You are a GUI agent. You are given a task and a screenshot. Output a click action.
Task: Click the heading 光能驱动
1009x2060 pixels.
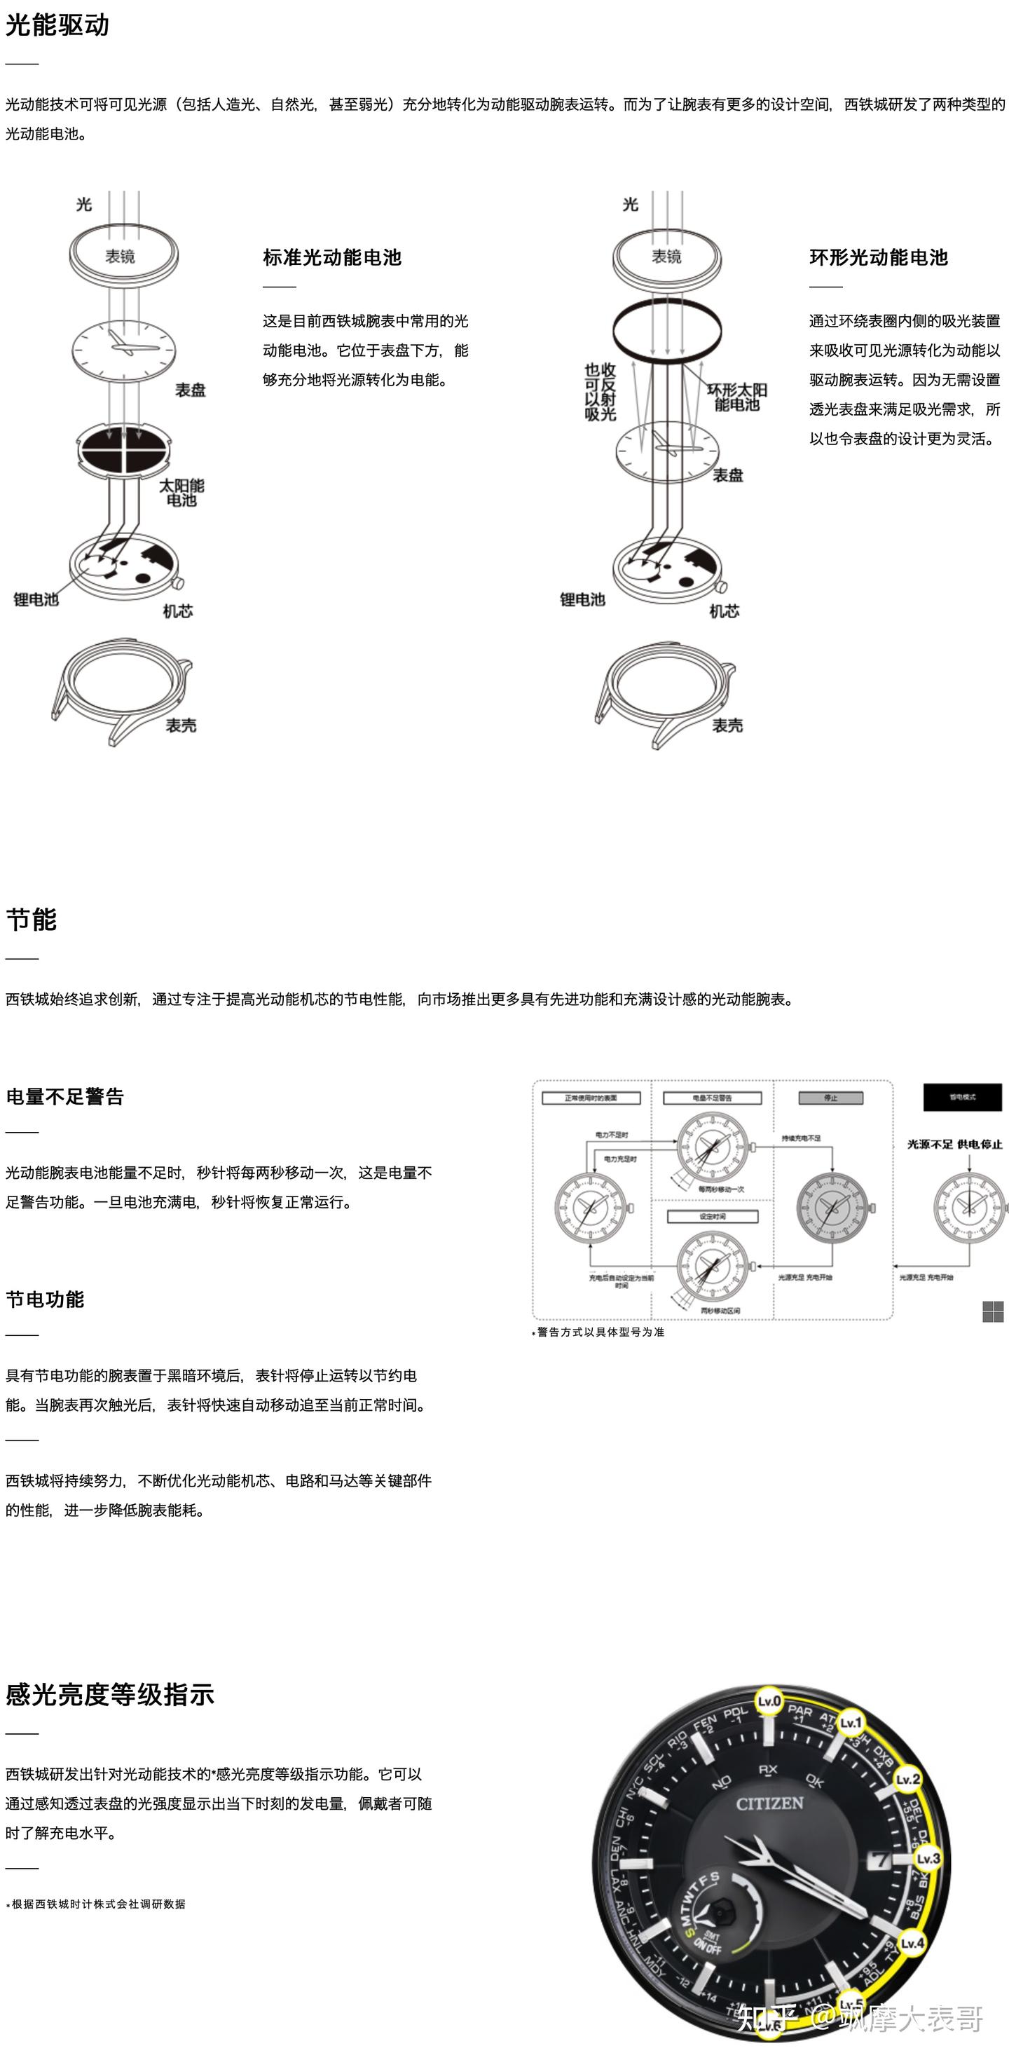(57, 26)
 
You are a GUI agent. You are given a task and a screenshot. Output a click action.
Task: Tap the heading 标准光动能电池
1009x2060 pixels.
(332, 257)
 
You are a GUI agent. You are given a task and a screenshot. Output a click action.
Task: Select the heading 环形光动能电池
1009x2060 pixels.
(878, 257)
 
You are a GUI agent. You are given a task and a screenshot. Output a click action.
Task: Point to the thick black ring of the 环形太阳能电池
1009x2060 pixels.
(667, 329)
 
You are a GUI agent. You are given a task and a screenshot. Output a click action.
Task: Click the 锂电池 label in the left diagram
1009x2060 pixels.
(36, 600)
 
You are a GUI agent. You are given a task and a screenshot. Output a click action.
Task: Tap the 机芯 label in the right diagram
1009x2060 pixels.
(725, 611)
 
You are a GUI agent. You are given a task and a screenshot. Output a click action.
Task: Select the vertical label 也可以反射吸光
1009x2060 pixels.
(600, 392)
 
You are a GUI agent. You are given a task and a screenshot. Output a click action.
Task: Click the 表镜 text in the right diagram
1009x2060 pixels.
(667, 257)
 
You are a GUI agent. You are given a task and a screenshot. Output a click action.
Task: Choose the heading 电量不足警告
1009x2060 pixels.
(64, 1096)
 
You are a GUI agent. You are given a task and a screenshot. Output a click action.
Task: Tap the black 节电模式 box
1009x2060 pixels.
(962, 1097)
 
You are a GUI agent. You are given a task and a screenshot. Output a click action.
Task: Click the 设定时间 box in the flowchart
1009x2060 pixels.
(712, 1216)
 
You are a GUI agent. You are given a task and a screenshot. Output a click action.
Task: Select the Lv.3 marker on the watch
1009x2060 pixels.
(928, 1857)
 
